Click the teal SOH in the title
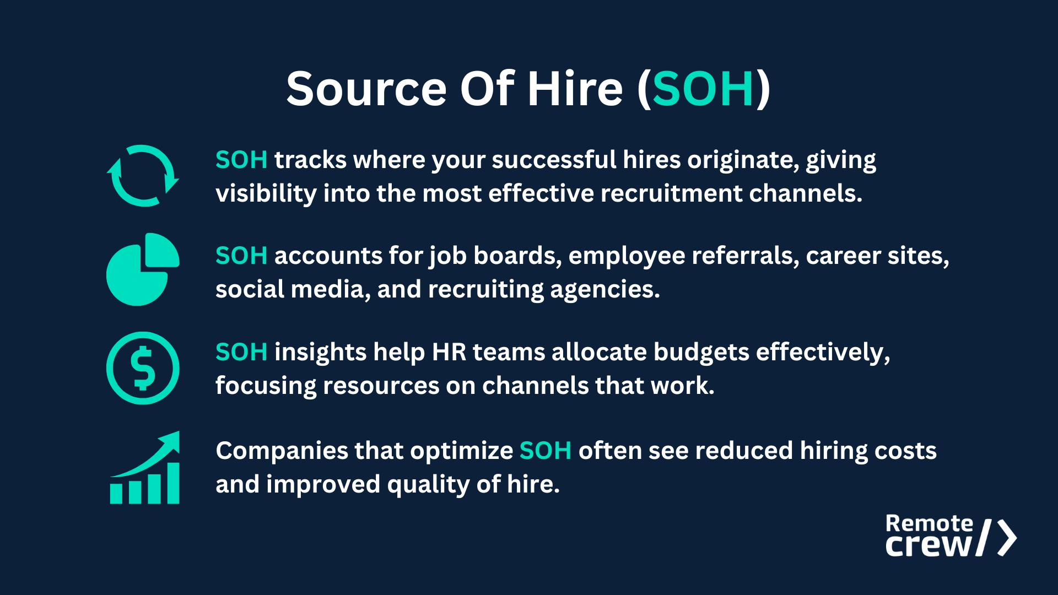(703, 89)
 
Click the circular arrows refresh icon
(143, 176)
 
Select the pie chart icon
(143, 269)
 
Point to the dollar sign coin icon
(143, 368)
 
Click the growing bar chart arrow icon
(144, 467)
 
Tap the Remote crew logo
(951, 535)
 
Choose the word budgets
(701, 352)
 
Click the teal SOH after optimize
(546, 451)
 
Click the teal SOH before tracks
(241, 160)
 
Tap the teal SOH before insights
(241, 352)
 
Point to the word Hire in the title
(575, 89)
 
